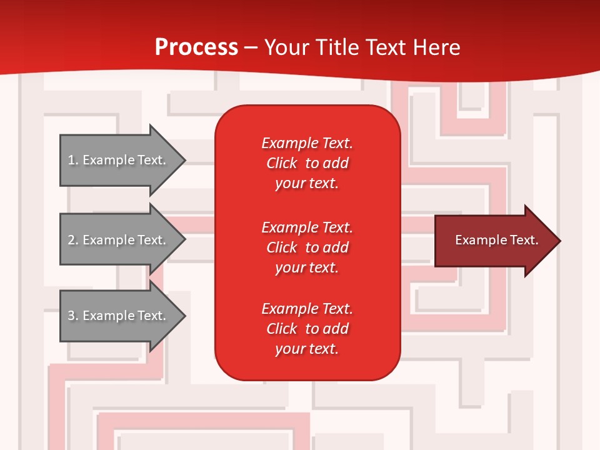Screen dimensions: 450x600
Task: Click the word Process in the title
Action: pyautogui.click(x=196, y=47)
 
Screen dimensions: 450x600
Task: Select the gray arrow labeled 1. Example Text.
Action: pyautogui.click(x=119, y=160)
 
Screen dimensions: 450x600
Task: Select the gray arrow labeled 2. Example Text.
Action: pyautogui.click(x=119, y=240)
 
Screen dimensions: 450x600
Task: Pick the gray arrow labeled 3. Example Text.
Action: pyautogui.click(x=119, y=316)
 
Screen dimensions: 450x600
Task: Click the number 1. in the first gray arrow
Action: pyautogui.click(x=73, y=161)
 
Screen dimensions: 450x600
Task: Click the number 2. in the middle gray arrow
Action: pyautogui.click(x=73, y=241)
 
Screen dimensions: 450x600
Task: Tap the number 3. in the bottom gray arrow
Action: pyautogui.click(x=73, y=316)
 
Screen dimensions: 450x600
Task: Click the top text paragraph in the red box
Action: pyautogui.click(x=307, y=163)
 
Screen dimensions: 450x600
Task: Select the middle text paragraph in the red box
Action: pyautogui.click(x=307, y=247)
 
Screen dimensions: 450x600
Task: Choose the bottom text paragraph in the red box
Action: pyautogui.click(x=307, y=329)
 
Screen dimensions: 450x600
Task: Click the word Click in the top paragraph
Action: pyautogui.click(x=281, y=164)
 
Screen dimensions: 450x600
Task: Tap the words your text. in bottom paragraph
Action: pyautogui.click(x=307, y=349)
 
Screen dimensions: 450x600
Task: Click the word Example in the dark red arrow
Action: pyautogui.click(x=476, y=240)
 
